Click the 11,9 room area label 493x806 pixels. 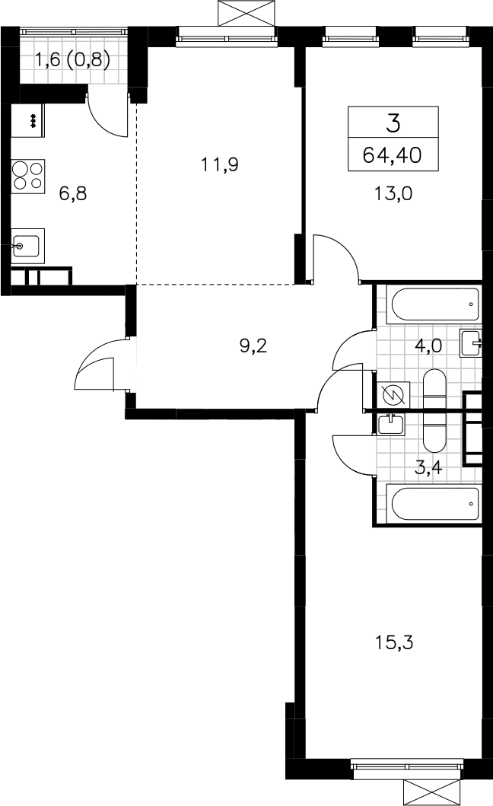pyautogui.click(x=220, y=165)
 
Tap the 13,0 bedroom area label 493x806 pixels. pyautogui.click(x=394, y=194)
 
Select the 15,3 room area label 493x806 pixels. pyautogui.click(x=394, y=642)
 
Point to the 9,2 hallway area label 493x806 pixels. pyautogui.click(x=253, y=346)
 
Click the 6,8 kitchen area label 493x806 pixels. pyautogui.click(x=72, y=194)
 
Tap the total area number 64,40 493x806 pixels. pyautogui.click(x=393, y=155)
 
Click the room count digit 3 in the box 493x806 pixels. pyautogui.click(x=393, y=123)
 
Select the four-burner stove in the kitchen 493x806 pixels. pyautogui.click(x=28, y=175)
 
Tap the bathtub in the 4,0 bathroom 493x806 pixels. pyautogui.click(x=435, y=304)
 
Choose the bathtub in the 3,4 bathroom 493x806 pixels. pyautogui.click(x=435, y=503)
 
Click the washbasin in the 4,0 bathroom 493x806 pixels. pyautogui.click(x=472, y=342)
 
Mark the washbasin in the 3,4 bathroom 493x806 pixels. pyautogui.click(x=391, y=424)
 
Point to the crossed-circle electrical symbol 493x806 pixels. pyautogui.click(x=394, y=394)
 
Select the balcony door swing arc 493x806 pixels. pyautogui.click(x=107, y=116)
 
